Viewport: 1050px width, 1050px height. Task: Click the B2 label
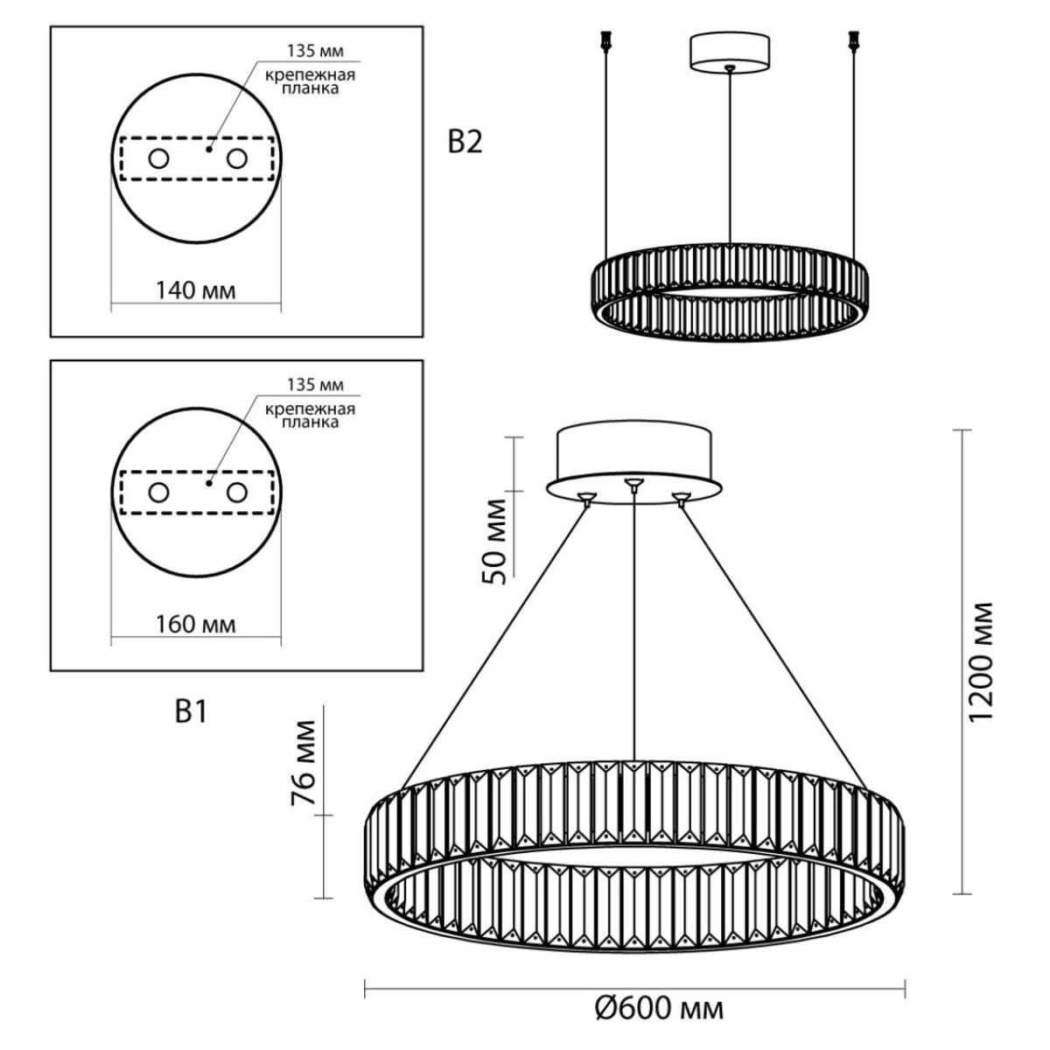coord(465,143)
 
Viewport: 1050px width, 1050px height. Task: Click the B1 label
coord(192,711)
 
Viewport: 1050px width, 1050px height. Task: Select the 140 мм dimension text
coord(196,290)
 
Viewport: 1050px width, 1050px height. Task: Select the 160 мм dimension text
coord(196,624)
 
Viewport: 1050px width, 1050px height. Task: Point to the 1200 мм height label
coord(982,661)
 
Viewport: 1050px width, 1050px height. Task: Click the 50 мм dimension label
coord(494,541)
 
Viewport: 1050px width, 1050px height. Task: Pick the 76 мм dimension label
coord(303,763)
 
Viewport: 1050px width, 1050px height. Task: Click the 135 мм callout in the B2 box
coord(316,52)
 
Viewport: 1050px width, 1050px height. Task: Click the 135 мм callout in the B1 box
coord(316,385)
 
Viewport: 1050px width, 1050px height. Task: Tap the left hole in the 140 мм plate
coord(158,159)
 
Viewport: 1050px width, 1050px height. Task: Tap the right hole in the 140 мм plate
coord(237,159)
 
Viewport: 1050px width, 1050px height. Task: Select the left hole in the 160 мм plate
coord(158,493)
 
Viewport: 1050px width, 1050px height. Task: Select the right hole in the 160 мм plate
coord(237,493)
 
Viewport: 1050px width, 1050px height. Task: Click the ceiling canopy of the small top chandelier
coord(730,52)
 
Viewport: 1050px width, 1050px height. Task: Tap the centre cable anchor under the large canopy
coord(633,484)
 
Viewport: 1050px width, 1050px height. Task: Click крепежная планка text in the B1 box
coord(310,416)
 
